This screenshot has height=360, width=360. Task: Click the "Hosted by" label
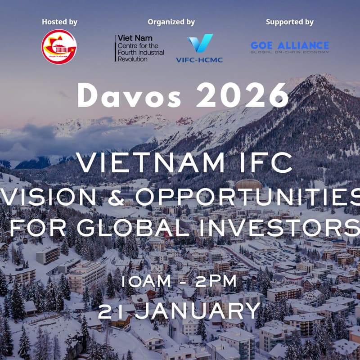point(59,22)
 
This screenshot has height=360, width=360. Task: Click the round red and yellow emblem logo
point(59,47)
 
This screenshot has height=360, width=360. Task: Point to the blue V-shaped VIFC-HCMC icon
point(200,44)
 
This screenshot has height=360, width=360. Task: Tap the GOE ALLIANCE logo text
point(290,45)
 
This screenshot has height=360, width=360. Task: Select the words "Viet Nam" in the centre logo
point(128,39)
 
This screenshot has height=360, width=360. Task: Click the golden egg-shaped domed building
point(248,184)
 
